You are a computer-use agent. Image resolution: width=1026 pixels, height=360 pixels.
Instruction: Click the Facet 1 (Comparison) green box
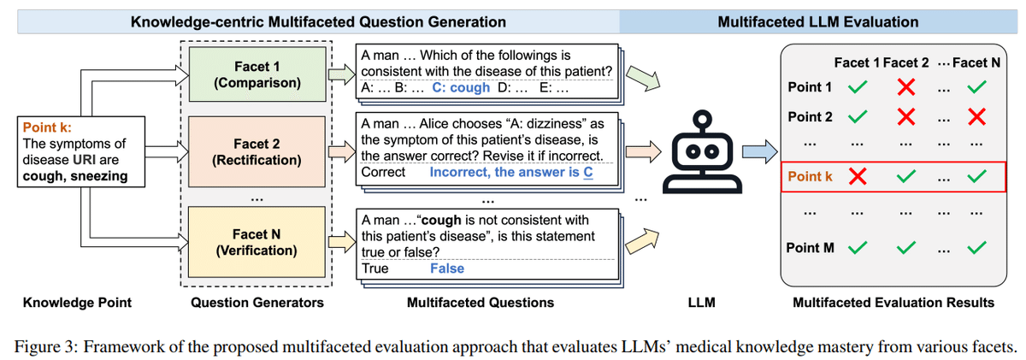[257, 74]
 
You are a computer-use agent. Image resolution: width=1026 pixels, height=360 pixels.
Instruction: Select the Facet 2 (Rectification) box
[256, 151]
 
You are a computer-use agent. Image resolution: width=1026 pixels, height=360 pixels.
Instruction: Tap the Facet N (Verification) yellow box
[256, 242]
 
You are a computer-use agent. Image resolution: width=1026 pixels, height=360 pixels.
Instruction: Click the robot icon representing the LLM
[702, 151]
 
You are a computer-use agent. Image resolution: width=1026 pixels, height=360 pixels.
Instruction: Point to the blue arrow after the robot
[760, 151]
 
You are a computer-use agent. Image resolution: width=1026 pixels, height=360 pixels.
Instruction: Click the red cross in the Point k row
[858, 176]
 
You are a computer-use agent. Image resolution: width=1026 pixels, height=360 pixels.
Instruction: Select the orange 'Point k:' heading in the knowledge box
[47, 127]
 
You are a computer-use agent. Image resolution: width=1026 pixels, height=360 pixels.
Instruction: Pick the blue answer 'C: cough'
[461, 87]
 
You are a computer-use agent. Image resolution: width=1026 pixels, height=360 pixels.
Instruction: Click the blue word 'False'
[446, 269]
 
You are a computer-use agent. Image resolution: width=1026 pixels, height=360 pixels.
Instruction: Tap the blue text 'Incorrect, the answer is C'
[511, 172]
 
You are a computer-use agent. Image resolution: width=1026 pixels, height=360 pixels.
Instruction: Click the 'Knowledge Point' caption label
[77, 303]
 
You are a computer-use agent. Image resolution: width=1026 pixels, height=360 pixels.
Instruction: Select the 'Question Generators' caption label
[257, 303]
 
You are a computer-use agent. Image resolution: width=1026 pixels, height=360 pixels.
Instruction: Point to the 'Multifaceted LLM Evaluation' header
[818, 22]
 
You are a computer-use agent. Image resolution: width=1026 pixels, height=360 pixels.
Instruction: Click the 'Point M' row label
[810, 248]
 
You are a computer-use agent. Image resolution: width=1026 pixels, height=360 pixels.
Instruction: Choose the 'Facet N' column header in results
[976, 62]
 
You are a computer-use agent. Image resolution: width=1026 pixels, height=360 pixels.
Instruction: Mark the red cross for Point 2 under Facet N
[976, 117]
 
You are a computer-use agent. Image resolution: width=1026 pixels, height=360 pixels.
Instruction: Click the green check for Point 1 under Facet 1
[858, 87]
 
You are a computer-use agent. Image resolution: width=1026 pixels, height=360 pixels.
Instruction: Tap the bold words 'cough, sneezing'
[75, 176]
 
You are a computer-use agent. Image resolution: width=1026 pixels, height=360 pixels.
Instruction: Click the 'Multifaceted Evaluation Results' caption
[893, 303]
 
